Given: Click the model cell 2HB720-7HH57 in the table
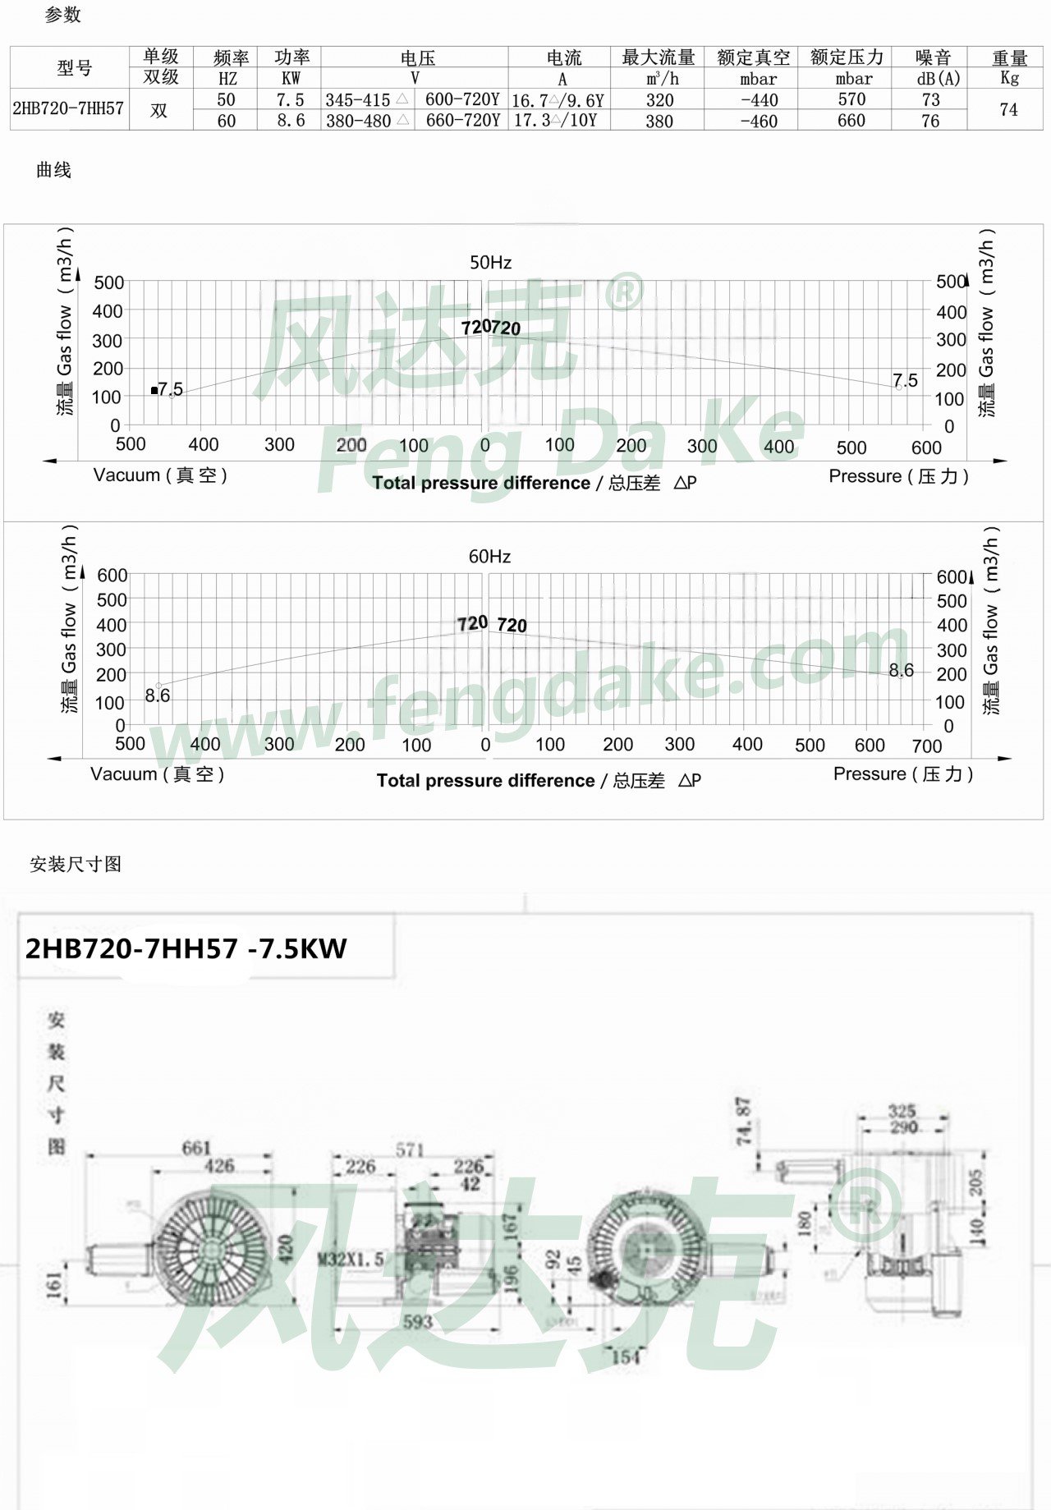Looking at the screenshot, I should coord(68,108).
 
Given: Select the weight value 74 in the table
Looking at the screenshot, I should coord(1008,109).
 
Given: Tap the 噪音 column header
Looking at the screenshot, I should coord(933,57).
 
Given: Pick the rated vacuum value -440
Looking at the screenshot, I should coord(758,99).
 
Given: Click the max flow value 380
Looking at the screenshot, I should coord(659,121).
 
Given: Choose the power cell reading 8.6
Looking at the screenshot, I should coord(291,121).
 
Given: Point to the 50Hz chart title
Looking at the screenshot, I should coord(490,263).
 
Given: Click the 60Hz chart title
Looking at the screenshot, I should coord(489,557).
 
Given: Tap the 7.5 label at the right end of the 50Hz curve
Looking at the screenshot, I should coord(905,380).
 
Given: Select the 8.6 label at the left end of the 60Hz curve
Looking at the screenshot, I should coord(157,695).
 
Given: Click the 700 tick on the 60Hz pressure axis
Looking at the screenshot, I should coord(926,746).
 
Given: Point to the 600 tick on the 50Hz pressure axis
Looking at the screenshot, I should coord(926,447).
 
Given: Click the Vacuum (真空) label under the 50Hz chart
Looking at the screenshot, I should coord(160,475).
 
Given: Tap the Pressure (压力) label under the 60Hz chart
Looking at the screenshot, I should coord(902,773).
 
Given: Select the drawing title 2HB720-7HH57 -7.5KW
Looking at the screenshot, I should coord(186,949).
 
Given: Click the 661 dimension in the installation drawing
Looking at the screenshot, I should coord(196,1147).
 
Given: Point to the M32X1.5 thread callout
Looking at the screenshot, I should coord(351,1259).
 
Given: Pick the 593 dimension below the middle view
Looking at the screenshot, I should coord(417,1322).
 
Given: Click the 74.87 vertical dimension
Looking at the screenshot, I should coord(743,1121).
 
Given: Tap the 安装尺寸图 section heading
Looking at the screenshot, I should coord(76,864).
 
